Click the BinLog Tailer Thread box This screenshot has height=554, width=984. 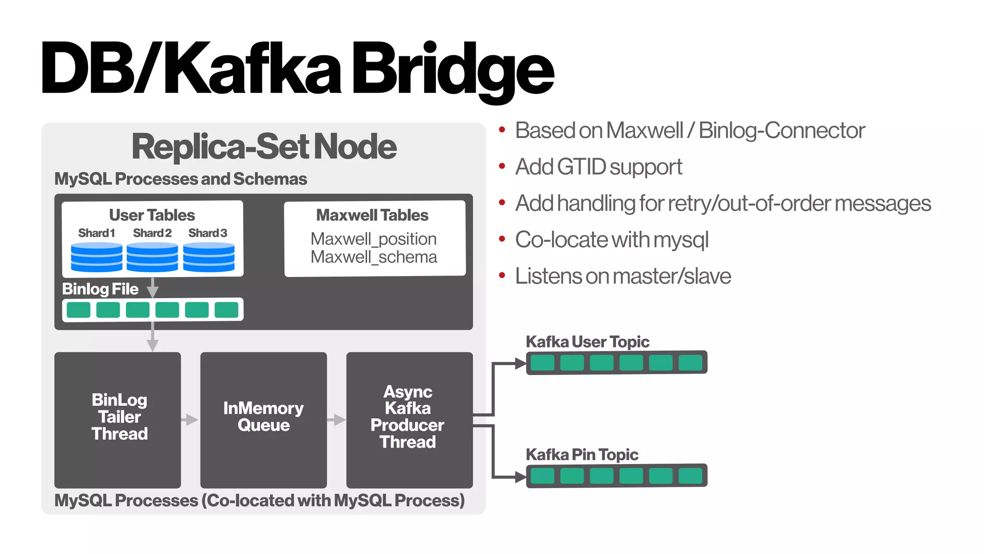(x=118, y=419)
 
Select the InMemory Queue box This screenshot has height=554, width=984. (x=263, y=419)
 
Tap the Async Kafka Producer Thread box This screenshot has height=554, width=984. (x=409, y=419)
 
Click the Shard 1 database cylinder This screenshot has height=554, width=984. (x=97, y=257)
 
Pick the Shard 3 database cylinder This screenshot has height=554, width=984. (x=209, y=257)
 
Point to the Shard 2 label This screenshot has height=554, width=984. (x=152, y=233)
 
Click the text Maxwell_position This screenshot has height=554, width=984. (x=373, y=239)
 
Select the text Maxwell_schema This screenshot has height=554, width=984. (x=373, y=257)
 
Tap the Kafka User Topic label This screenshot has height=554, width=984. (x=587, y=342)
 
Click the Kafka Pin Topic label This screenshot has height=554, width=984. (x=582, y=454)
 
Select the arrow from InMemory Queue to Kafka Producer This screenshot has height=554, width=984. (x=336, y=420)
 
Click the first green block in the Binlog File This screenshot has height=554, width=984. (x=78, y=310)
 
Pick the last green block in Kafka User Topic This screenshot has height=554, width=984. (x=690, y=363)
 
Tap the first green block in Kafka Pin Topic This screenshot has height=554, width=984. (x=542, y=476)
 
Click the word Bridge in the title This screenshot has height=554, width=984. (x=453, y=70)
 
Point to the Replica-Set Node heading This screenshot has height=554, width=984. (x=264, y=147)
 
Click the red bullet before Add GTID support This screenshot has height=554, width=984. (x=502, y=166)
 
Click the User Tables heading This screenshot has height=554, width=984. (x=152, y=215)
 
